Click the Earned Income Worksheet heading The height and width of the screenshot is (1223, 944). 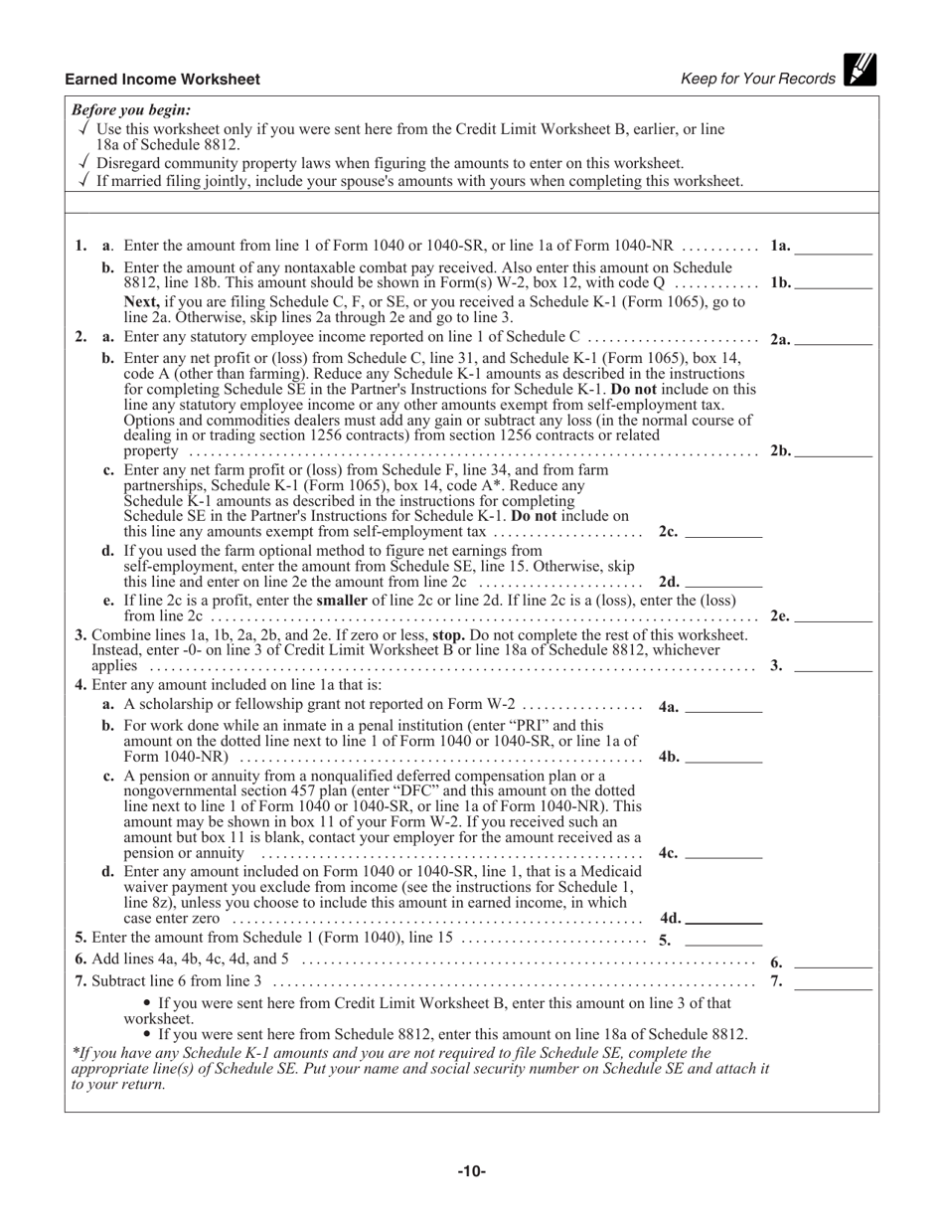pos(162,80)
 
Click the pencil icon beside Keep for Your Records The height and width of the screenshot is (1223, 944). pos(861,69)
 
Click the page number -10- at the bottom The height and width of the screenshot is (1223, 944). pos(471,1171)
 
